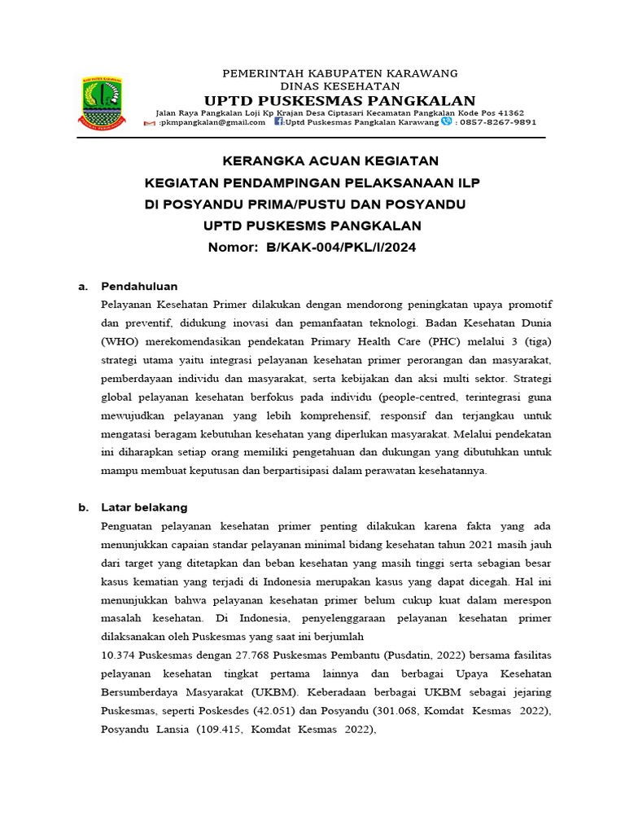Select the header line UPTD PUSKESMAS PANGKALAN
tap(339, 99)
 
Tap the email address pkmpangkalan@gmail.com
tap(212, 122)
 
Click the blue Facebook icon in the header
tap(278, 122)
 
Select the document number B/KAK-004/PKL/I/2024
tap(341, 248)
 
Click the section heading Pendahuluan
tap(139, 287)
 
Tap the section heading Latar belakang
tap(144, 507)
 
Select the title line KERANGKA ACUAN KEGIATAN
tap(320, 160)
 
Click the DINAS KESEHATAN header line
tap(339, 86)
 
